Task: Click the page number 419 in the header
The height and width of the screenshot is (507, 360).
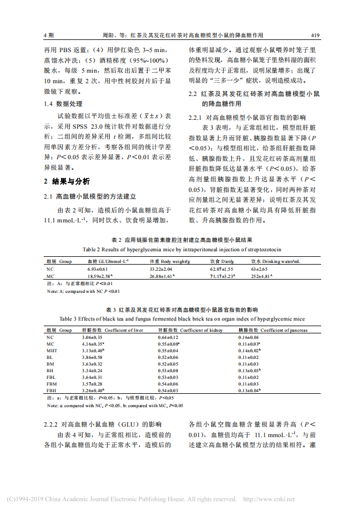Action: pos(315,35)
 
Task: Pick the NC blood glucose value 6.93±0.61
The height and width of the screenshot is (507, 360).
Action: pos(97,268)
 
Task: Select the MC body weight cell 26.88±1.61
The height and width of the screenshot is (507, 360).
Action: pos(163,275)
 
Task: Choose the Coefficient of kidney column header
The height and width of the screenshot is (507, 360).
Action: pos(186,330)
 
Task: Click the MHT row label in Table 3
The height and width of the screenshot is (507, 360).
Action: pos(51,351)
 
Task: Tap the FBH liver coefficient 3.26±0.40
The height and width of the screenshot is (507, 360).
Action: pos(93,390)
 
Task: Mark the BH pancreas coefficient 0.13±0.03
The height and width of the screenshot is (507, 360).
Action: pos(250,371)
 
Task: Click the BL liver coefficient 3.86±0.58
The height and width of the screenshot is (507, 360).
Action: pos(92,358)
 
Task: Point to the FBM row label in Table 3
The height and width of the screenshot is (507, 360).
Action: pos(51,383)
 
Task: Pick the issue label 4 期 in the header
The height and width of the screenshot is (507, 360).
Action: pos(49,35)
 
